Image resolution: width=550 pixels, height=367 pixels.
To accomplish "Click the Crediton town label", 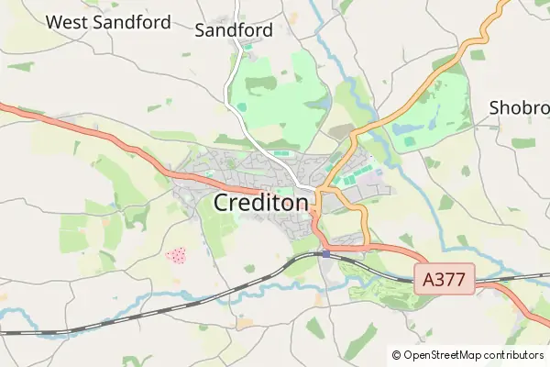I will (260, 203).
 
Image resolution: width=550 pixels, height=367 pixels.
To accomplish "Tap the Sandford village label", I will (234, 29).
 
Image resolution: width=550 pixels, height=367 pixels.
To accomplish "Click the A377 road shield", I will (445, 280).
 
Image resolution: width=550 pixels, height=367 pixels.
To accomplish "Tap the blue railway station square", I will (325, 254).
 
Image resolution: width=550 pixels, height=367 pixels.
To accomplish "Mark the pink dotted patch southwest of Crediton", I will (175, 255).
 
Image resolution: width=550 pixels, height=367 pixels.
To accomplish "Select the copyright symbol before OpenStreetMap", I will (396, 354).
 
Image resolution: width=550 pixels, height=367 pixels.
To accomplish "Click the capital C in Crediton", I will (222, 203).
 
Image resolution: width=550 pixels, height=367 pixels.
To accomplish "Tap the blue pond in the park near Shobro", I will (410, 141).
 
